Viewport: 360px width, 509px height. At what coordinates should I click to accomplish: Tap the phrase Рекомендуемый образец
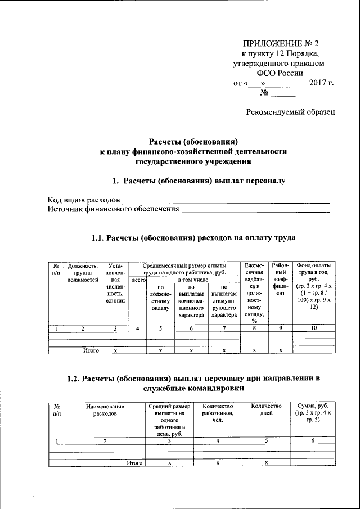[291, 112]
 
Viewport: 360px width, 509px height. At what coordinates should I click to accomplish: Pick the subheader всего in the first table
[137, 280]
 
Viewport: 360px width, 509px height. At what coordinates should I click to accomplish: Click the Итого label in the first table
[91, 350]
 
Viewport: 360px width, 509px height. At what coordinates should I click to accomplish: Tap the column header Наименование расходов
[105, 410]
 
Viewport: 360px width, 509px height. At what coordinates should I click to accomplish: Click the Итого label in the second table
[133, 462]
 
